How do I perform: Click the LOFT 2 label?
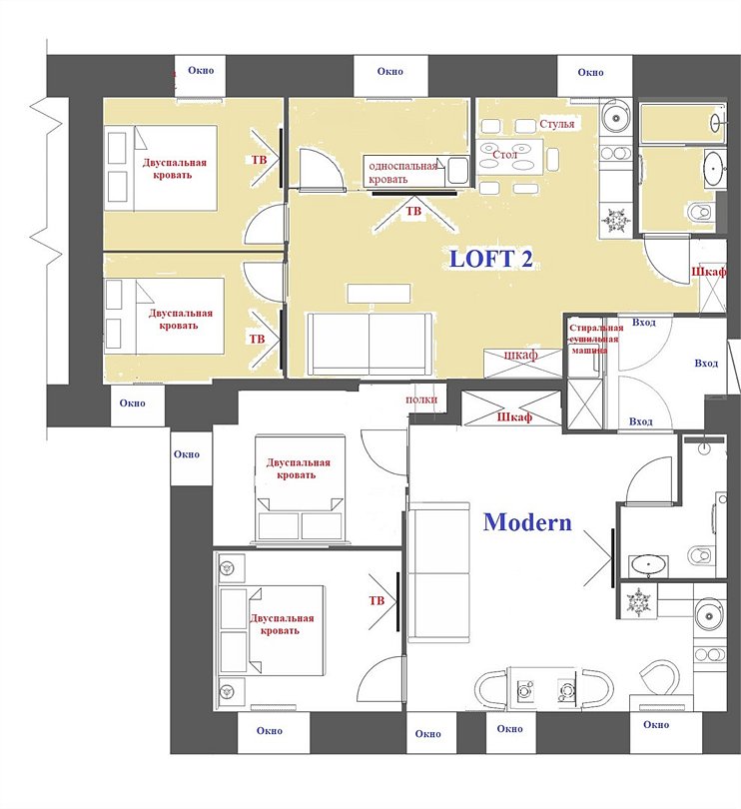tap(491, 258)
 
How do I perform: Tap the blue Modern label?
tap(527, 522)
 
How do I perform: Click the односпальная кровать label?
tap(400, 173)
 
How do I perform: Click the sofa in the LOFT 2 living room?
tap(370, 343)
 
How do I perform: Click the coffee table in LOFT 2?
tap(378, 293)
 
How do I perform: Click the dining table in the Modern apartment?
tap(544, 688)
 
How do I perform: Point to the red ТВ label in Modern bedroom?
tap(376, 601)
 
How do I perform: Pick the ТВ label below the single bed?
tap(411, 212)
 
